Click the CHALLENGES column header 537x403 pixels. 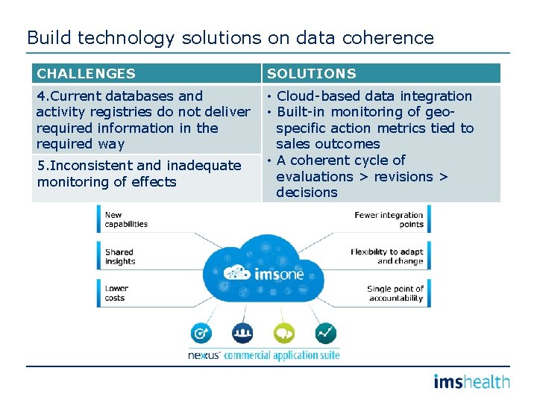86,74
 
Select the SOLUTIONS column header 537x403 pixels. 312,74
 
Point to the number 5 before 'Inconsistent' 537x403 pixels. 41,166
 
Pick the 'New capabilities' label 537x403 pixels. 125,219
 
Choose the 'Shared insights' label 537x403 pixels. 120,257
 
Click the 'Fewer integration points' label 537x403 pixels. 389,219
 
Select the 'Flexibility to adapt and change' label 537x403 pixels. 386,257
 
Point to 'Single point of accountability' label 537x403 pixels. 395,293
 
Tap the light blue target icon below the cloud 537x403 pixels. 201,333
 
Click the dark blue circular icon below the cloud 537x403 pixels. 242,333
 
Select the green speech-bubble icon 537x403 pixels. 284,333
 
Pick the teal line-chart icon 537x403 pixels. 325,333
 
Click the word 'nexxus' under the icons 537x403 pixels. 204,356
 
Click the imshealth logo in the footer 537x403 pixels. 471,382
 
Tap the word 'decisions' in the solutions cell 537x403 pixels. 307,193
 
